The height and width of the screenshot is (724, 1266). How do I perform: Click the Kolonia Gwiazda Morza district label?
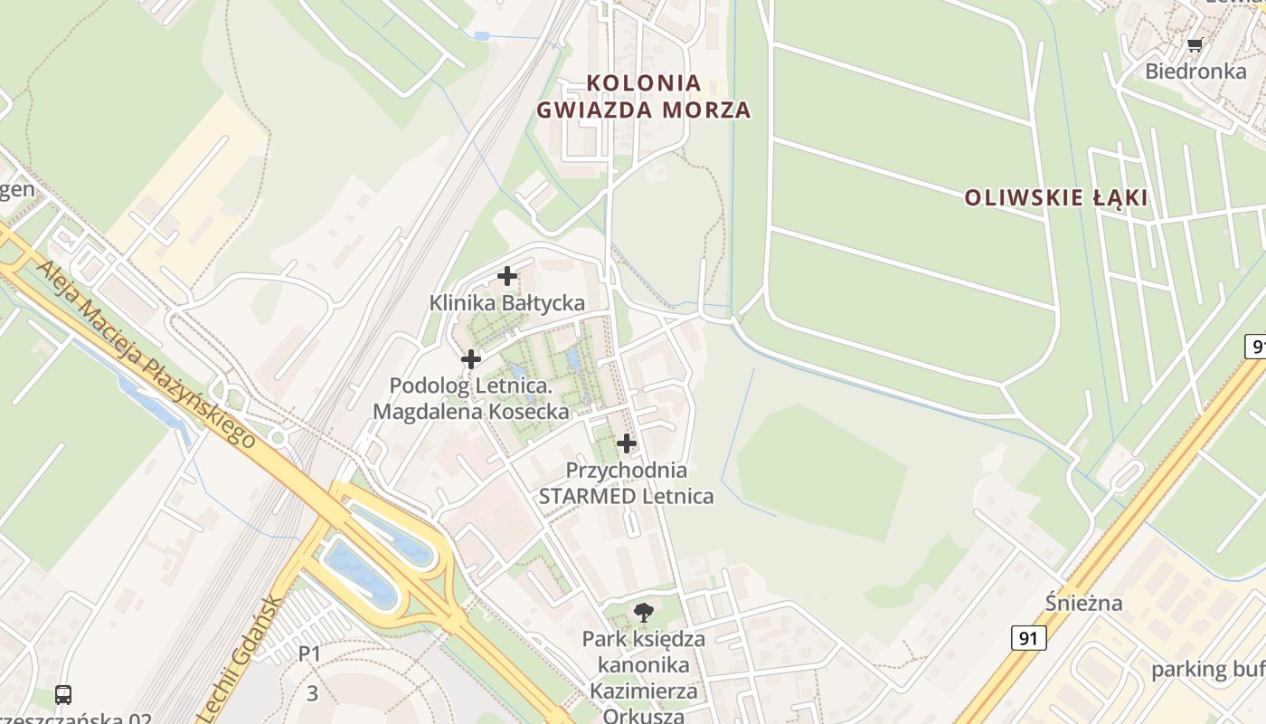[x=643, y=96]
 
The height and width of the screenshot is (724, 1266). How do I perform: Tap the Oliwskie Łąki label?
[x=1055, y=197]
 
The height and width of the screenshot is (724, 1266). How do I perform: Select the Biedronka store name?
[x=1195, y=71]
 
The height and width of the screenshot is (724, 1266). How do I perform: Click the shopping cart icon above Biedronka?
[x=1195, y=44]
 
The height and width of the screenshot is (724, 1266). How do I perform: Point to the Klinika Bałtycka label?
[x=506, y=302]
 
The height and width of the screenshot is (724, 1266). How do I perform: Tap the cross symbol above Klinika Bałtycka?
[x=507, y=276]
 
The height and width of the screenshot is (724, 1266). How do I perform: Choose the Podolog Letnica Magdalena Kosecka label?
[x=471, y=398]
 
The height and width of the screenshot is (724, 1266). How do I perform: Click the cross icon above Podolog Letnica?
[x=470, y=359]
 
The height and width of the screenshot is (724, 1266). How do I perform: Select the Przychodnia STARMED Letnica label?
[x=626, y=483]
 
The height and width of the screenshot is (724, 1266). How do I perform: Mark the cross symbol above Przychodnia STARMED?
[x=626, y=443]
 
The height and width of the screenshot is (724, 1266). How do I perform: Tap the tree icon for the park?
[x=643, y=613]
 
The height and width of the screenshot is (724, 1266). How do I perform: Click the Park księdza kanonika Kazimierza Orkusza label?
[x=643, y=677]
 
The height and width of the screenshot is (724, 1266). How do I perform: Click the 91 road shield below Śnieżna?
[x=1028, y=638]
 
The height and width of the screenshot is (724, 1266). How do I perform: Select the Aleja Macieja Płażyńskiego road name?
[x=145, y=353]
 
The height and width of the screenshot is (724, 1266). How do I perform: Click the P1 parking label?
[x=310, y=653]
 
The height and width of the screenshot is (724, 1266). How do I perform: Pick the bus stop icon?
[x=63, y=695]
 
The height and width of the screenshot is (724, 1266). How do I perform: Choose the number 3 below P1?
[x=312, y=694]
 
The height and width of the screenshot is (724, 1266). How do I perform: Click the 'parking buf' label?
[x=1207, y=670]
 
